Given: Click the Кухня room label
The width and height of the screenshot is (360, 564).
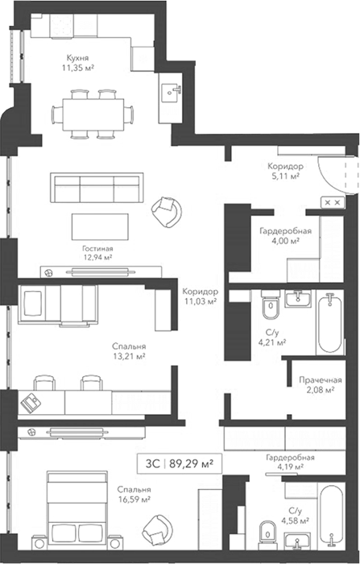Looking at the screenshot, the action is [77, 58].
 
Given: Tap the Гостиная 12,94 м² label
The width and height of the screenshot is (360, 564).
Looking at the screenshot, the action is [97, 253].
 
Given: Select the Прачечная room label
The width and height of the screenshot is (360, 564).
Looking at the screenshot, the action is [321, 380].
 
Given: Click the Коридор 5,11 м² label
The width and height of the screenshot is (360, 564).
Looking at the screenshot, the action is [285, 171].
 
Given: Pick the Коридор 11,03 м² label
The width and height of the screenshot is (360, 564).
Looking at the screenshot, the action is [201, 297].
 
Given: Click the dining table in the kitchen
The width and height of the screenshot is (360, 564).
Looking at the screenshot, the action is [93, 114].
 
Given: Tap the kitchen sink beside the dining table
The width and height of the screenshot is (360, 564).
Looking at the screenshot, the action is [171, 93].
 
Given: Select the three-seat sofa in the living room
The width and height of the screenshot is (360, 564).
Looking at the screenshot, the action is [97, 188].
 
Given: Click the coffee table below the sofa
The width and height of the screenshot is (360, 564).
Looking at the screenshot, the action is [100, 227].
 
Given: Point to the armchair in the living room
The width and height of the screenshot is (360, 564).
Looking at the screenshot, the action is [167, 212].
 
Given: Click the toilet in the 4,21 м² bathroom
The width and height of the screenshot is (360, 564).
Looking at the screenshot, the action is [271, 305].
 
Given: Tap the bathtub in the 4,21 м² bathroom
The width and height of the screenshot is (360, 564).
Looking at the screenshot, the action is [329, 323].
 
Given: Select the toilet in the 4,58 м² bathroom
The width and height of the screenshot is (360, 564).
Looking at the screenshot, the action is [267, 536].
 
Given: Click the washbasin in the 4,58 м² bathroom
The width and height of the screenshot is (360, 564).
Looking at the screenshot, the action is [297, 541].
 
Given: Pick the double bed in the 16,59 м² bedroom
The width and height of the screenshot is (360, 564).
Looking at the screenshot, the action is [77, 510].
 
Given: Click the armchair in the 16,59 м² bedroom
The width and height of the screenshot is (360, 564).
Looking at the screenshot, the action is [158, 530].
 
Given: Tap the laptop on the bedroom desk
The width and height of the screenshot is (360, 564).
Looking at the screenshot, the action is [31, 403].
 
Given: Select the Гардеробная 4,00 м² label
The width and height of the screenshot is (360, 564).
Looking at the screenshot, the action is [286, 235].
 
